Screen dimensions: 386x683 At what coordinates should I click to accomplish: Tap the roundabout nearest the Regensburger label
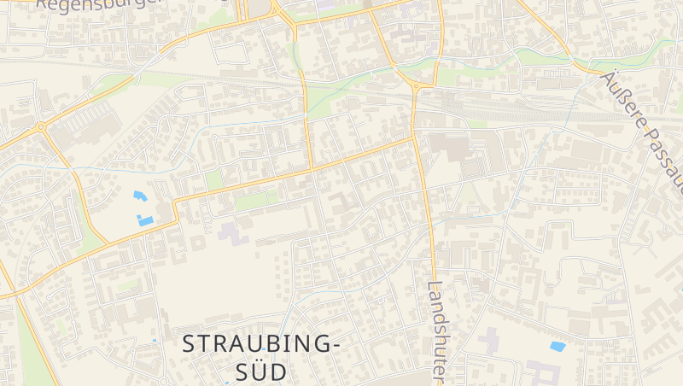[40, 126]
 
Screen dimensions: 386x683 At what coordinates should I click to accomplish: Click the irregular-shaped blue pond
[139, 196]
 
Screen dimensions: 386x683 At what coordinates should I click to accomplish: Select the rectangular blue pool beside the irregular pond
[146, 221]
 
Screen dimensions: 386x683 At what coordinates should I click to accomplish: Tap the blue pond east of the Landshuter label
[557, 347]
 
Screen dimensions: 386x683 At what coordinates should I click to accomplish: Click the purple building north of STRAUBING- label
[232, 231]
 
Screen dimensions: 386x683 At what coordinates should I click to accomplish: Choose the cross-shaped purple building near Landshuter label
[490, 341]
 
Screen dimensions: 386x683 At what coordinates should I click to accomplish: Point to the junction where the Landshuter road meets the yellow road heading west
[415, 136]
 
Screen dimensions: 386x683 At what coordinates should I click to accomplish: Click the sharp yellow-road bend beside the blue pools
[177, 203]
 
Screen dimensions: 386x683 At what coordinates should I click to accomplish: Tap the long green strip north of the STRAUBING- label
[256, 202]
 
